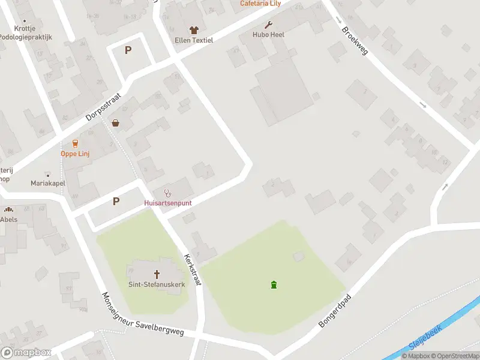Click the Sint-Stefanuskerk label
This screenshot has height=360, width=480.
[x=156, y=284]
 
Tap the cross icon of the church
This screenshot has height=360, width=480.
[x=156, y=274]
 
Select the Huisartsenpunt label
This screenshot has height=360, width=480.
[x=168, y=203]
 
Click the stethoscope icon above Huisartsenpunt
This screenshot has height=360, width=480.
[x=168, y=193]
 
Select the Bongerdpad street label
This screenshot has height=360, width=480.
[x=334, y=311]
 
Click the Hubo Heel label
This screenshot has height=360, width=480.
[x=268, y=35]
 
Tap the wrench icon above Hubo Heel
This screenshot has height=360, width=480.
[x=268, y=25]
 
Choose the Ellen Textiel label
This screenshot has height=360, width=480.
[x=193, y=40]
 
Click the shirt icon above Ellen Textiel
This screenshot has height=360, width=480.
[x=193, y=30]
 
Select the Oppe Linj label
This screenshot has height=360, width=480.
[x=75, y=154]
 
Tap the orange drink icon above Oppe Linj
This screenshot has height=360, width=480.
[x=75, y=143]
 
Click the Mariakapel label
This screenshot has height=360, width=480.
[x=47, y=183]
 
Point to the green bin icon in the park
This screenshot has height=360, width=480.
[x=274, y=284]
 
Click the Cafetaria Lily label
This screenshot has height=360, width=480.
[x=260, y=4]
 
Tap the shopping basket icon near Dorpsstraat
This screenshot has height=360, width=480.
[x=115, y=123]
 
